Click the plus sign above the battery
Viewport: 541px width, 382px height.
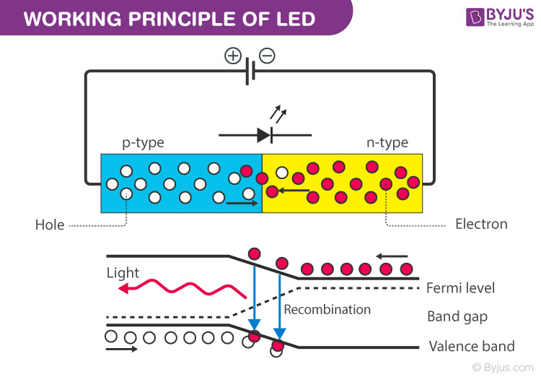point(232,56)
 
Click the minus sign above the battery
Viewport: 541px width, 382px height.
point(267,56)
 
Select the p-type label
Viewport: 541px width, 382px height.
point(143,142)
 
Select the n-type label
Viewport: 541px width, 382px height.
point(387,142)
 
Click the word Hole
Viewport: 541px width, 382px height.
point(50,225)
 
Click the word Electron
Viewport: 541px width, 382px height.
point(481,224)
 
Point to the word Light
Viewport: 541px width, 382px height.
point(123,273)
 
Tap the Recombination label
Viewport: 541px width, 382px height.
point(327,309)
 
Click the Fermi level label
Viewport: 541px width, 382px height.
point(461,288)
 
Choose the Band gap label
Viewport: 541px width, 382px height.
point(457,316)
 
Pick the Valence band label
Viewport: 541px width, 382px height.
point(471,346)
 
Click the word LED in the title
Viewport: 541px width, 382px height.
point(294,18)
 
